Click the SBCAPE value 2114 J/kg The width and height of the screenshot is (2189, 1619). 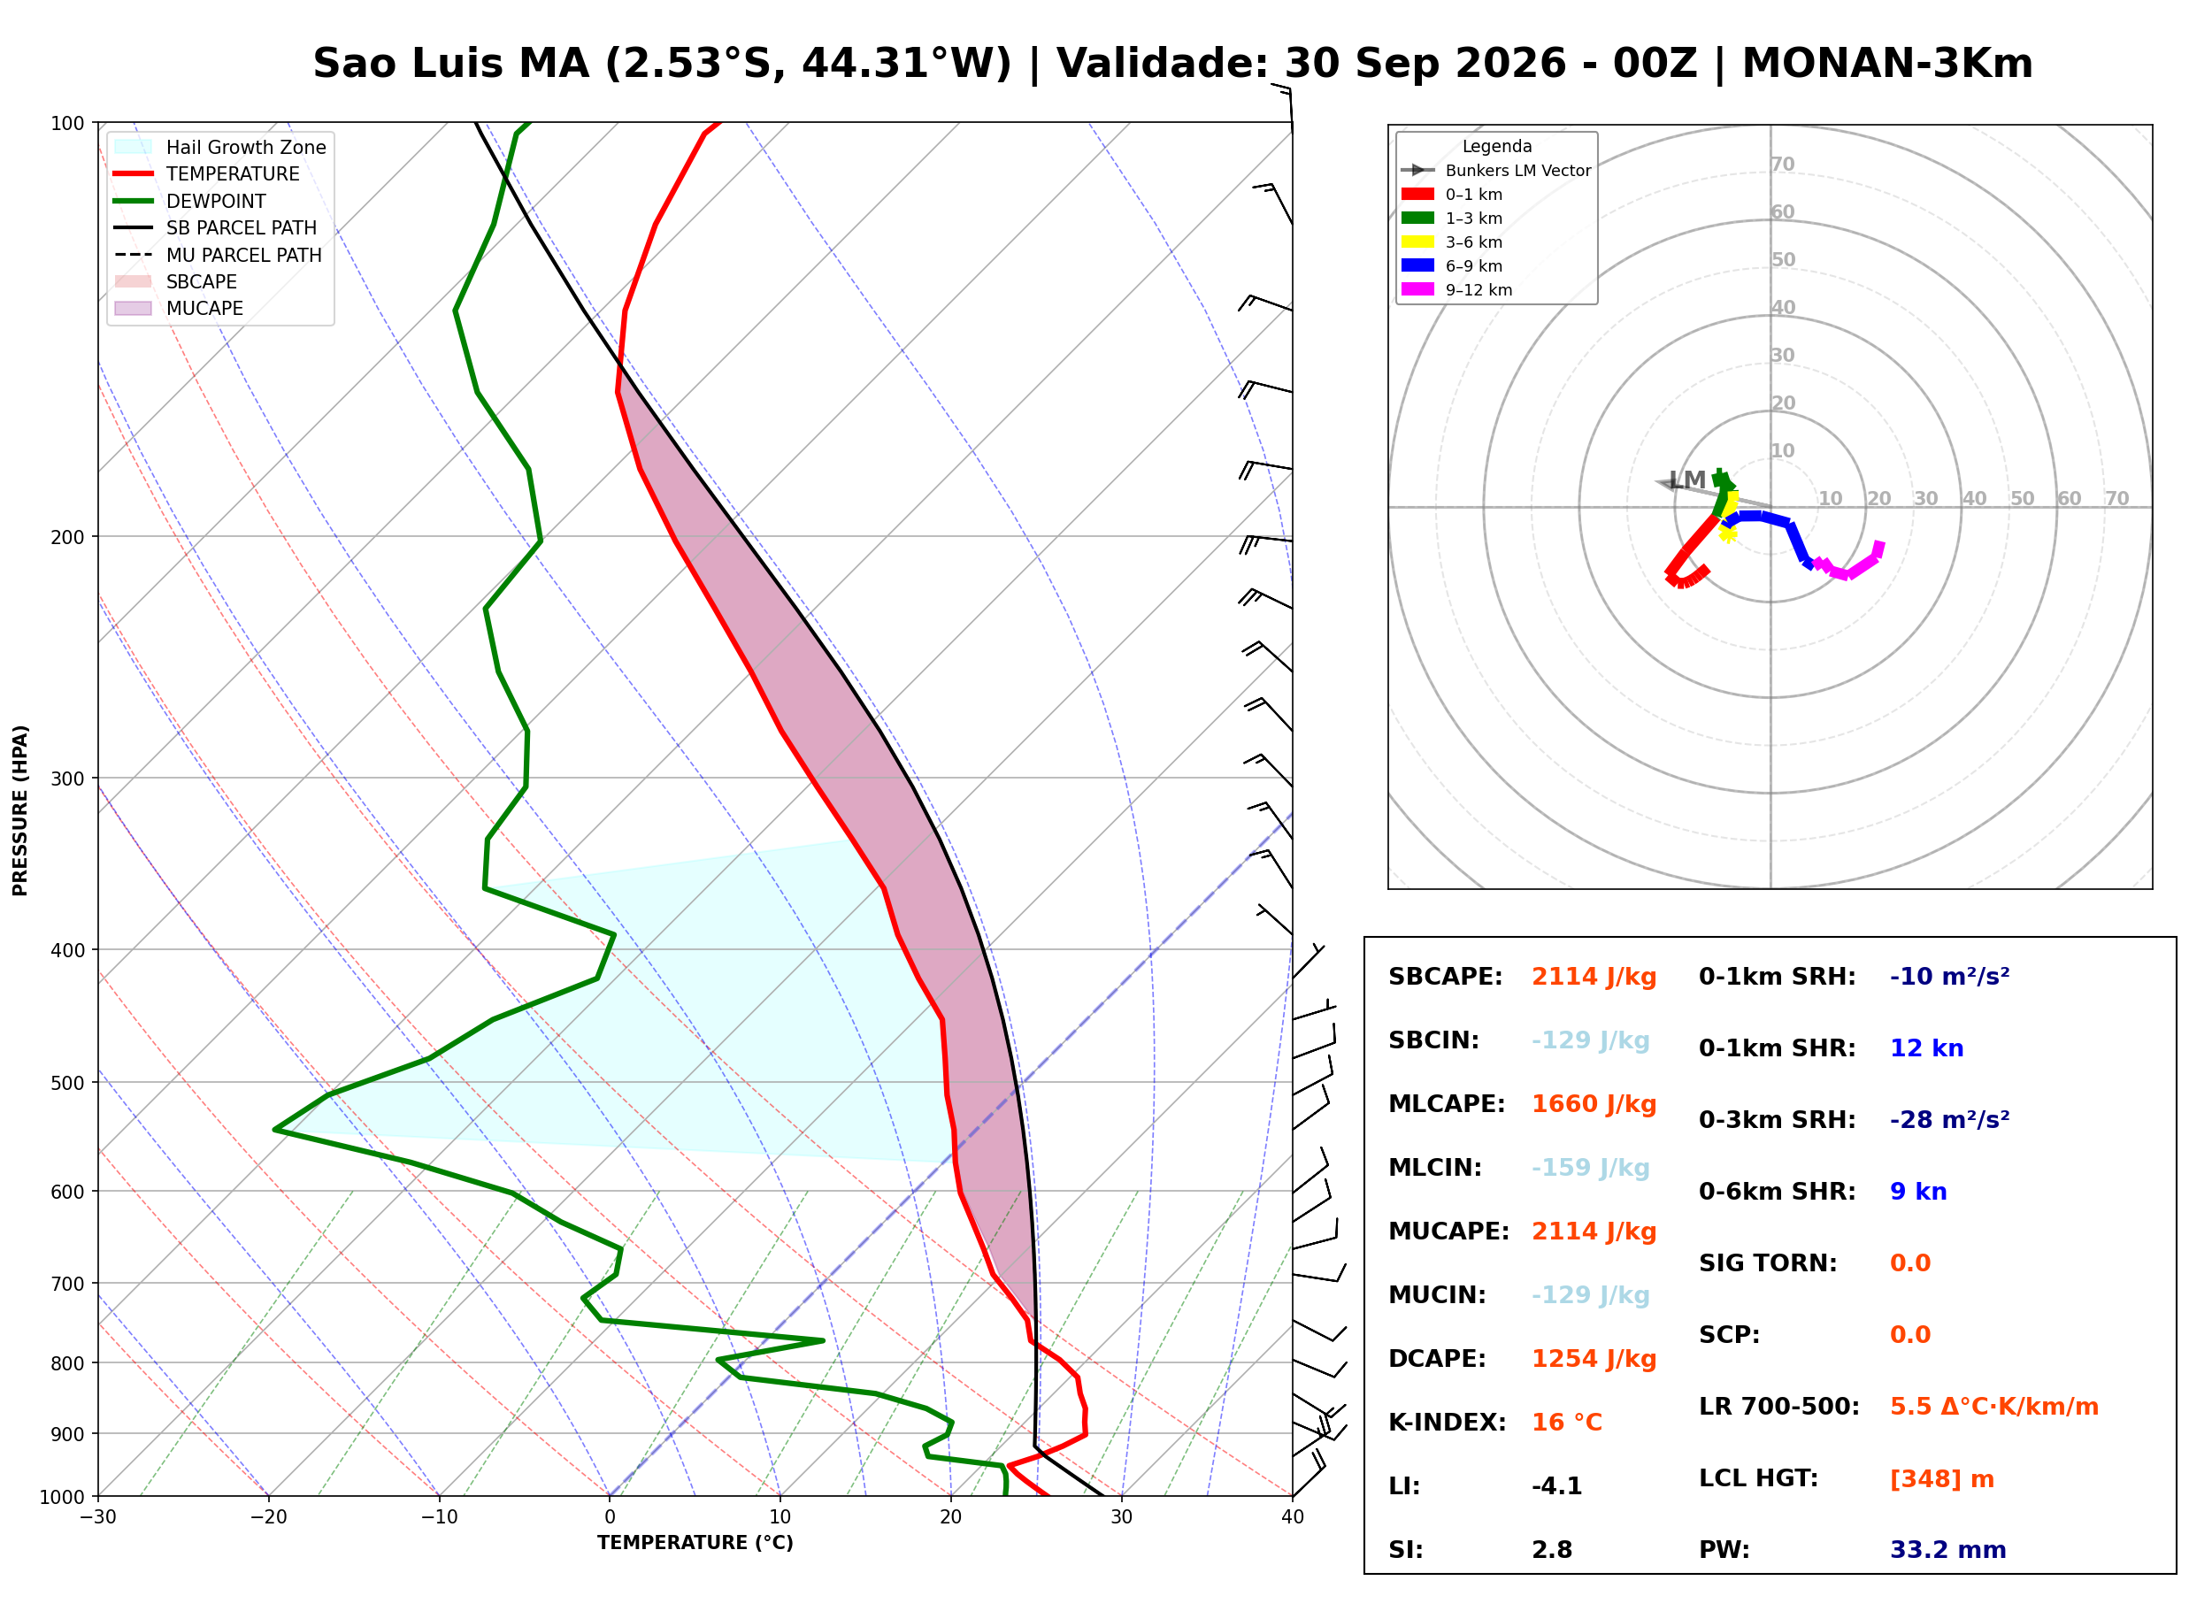[1594, 977]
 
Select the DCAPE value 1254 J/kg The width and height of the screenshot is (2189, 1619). [1594, 1359]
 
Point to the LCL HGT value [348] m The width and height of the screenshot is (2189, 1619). [1941, 1479]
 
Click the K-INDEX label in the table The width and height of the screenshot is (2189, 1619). [1447, 1423]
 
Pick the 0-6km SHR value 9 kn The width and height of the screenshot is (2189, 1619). [1917, 1192]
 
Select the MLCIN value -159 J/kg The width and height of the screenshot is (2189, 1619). [1590, 1168]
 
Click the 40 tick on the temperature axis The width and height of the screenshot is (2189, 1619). [1292, 1518]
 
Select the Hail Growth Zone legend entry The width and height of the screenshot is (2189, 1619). [220, 147]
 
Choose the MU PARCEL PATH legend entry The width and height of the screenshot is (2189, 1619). [219, 255]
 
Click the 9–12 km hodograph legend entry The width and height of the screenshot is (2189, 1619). [1457, 290]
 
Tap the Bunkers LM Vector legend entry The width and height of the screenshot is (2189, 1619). [1496, 171]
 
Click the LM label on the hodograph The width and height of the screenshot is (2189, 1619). [1686, 480]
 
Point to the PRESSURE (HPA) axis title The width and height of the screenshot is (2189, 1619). [20, 810]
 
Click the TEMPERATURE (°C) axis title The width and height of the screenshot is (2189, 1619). [695, 1543]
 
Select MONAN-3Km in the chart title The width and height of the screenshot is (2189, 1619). [1887, 64]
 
